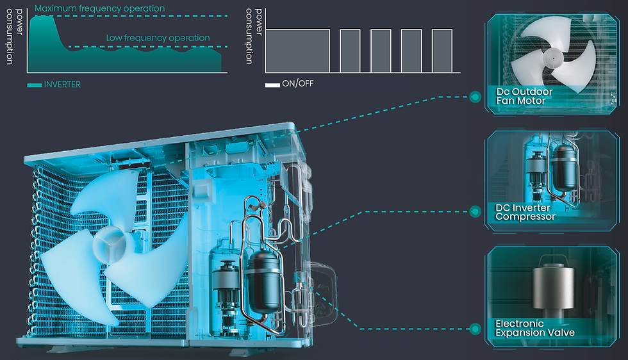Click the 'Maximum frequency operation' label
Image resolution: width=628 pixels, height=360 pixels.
pyautogui.click(x=99, y=8)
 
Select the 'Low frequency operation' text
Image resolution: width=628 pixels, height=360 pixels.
pyautogui.click(x=158, y=38)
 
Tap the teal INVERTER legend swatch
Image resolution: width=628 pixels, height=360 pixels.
pyautogui.click(x=35, y=85)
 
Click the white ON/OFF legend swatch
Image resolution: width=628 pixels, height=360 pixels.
pyautogui.click(x=272, y=85)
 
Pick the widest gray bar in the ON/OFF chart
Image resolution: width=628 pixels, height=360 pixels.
pyautogui.click(x=297, y=51)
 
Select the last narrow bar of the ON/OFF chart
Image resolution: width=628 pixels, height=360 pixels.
pyautogui.click(x=442, y=51)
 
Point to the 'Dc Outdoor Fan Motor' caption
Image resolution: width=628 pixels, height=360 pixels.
pyautogui.click(x=524, y=96)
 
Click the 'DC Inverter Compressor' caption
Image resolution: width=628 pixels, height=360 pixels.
pyautogui.click(x=525, y=212)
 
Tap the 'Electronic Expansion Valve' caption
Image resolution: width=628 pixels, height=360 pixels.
pyautogui.click(x=534, y=328)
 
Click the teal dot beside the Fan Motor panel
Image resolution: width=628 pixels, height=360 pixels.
pyautogui.click(x=475, y=97)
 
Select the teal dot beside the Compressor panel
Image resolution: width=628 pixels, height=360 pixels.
pyautogui.click(x=475, y=211)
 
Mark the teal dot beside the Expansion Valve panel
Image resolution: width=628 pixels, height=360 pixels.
pyautogui.click(x=475, y=329)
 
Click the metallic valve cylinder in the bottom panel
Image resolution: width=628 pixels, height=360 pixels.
pyautogui.click(x=553, y=287)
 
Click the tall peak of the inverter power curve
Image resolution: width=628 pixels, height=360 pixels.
pyautogui.click(x=44, y=18)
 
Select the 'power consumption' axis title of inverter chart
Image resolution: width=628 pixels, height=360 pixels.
pyautogui.click(x=14, y=37)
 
